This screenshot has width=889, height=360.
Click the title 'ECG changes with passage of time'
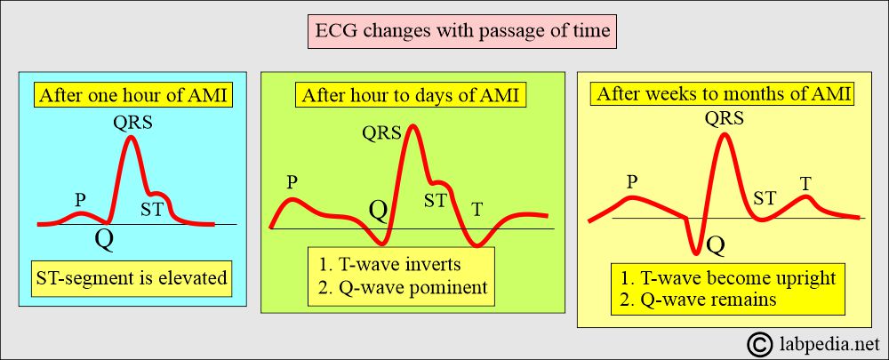coord(463,29)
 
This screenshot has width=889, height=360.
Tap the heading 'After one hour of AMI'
coord(133,96)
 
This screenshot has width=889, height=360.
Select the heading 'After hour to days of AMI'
coord(411,95)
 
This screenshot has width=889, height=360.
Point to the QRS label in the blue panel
coord(132,123)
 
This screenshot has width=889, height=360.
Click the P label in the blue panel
coord(81,200)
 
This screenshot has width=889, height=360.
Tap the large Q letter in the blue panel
coord(104,240)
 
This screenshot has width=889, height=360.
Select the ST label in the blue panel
coord(152,210)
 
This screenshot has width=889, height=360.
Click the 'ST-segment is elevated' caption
coord(132,279)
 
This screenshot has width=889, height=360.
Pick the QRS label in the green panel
coord(381,134)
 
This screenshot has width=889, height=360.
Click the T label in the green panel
coord(477,210)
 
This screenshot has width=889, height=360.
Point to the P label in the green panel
coord(292,182)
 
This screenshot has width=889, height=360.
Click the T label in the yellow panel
coord(805,183)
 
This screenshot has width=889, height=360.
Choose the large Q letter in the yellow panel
coord(717,245)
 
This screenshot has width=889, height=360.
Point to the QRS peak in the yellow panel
coord(724,135)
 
